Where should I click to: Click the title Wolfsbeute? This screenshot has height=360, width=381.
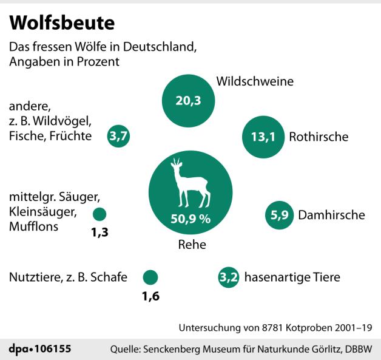tap(62, 23)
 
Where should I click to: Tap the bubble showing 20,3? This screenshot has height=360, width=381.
tap(188, 101)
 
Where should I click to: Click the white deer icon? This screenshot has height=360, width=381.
tap(188, 183)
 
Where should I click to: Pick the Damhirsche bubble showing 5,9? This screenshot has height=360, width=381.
tap(280, 214)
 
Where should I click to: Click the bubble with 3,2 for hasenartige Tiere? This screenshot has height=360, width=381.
tap(228, 278)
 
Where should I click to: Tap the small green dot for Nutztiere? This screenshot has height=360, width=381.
tap(150, 277)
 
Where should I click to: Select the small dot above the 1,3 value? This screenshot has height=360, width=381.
tap(99, 214)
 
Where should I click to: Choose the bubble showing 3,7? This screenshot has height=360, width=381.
tap(118, 136)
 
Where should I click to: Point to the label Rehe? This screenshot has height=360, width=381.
tap(192, 245)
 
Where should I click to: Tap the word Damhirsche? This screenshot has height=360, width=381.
tap(331, 215)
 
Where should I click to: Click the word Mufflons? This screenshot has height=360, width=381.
tap(33, 227)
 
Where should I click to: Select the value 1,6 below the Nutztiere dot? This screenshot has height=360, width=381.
tap(150, 297)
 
